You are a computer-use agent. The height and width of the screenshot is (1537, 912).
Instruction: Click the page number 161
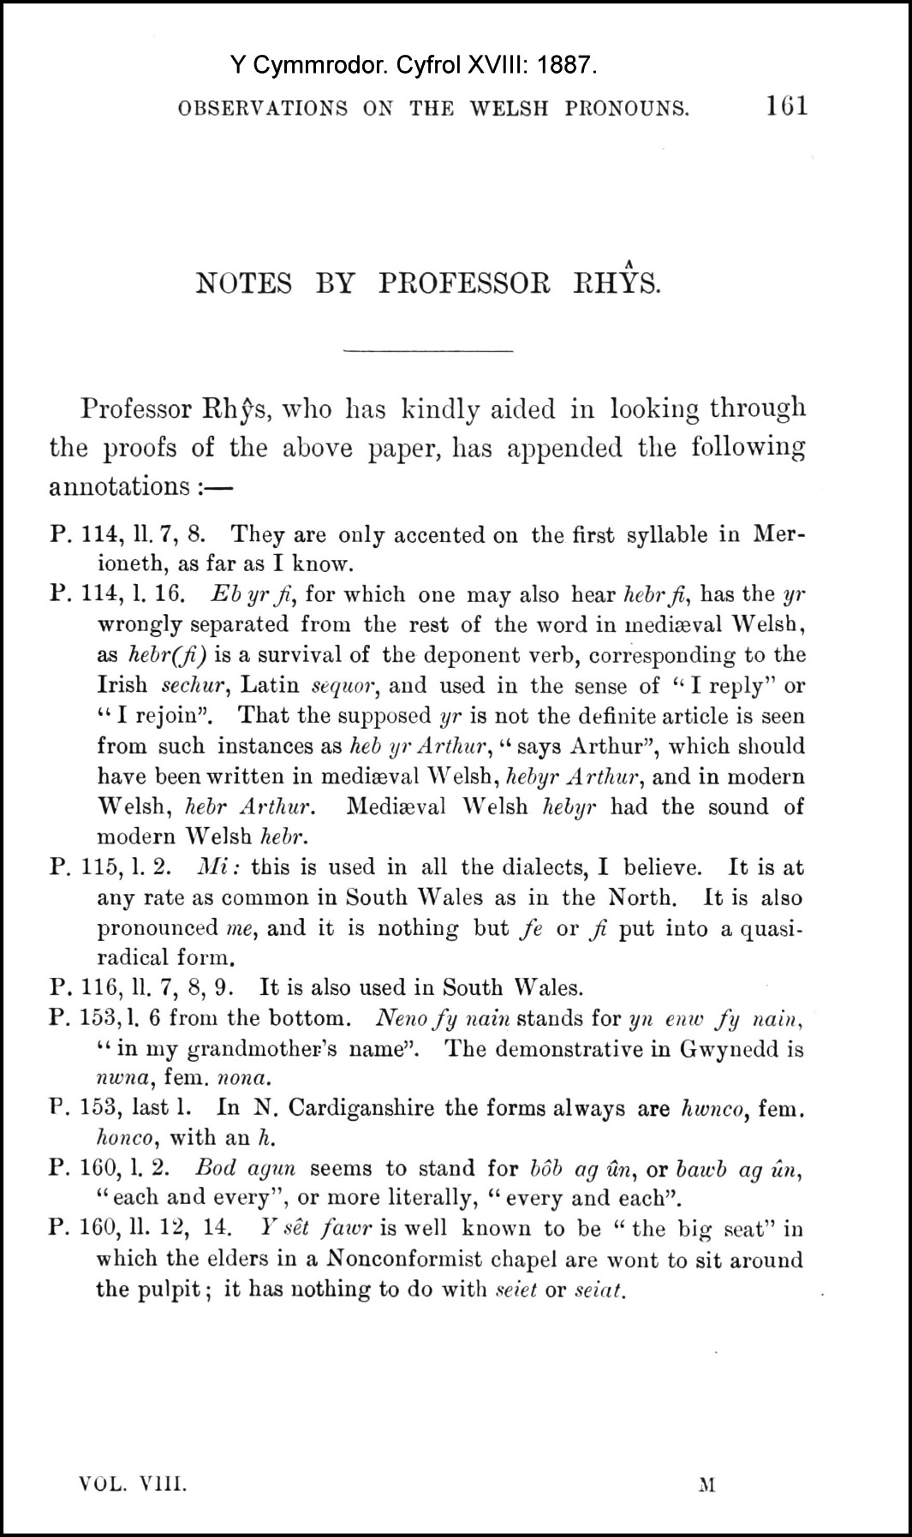click(786, 106)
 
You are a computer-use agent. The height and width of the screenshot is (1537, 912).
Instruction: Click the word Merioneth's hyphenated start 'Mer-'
click(779, 535)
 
